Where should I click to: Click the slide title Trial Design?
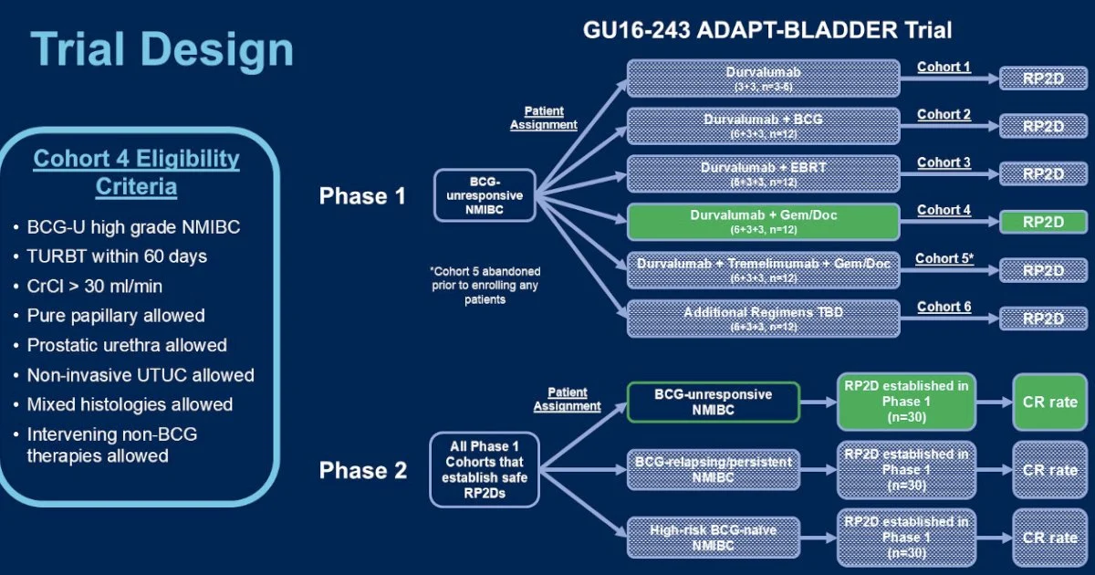[x=162, y=48]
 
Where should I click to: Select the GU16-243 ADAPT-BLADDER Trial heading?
[x=767, y=30]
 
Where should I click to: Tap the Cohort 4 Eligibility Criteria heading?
[x=136, y=172]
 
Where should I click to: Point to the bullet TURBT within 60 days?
[x=117, y=256]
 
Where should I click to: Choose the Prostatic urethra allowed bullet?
[x=127, y=345]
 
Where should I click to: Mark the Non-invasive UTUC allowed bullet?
[x=141, y=375]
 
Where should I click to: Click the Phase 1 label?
[x=362, y=195]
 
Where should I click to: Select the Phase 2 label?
[x=362, y=470]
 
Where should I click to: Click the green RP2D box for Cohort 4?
[x=1043, y=223]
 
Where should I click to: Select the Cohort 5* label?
[x=944, y=258]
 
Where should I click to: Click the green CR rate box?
[x=1049, y=402]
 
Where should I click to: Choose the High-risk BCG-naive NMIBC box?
[x=713, y=537]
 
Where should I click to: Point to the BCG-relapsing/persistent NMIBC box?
[x=713, y=470]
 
